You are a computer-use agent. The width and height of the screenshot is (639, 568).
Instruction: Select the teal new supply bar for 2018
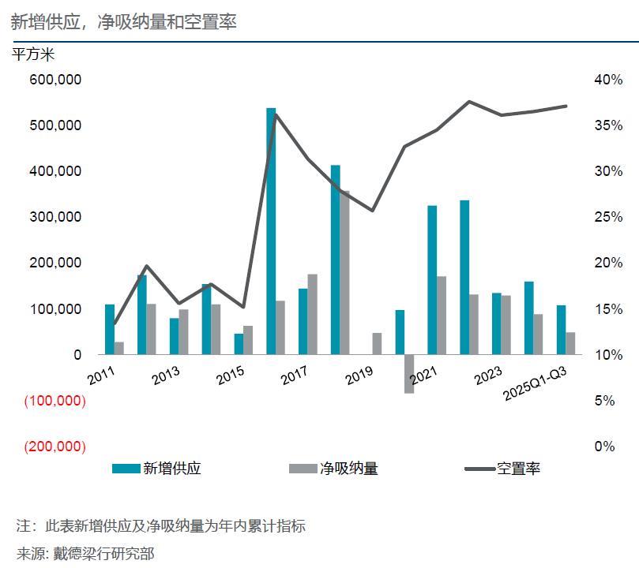click(x=335, y=260)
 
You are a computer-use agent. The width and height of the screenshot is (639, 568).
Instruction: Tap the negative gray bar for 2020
click(x=409, y=373)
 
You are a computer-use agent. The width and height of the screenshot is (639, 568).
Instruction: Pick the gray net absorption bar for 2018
click(x=344, y=272)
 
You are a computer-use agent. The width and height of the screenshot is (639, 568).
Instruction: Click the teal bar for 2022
click(x=464, y=277)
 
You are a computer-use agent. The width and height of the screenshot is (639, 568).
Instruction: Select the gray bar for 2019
click(x=377, y=343)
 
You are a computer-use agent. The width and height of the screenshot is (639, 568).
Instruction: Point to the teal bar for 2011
click(x=110, y=329)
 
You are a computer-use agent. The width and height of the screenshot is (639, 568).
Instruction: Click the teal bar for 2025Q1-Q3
click(x=561, y=330)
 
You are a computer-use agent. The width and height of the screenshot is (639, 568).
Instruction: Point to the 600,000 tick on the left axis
click(x=55, y=80)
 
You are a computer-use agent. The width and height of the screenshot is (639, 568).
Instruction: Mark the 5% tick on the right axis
click(x=603, y=401)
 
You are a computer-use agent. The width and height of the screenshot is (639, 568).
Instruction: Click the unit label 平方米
click(x=33, y=54)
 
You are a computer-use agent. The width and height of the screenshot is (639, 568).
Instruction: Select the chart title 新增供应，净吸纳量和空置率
click(x=124, y=22)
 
